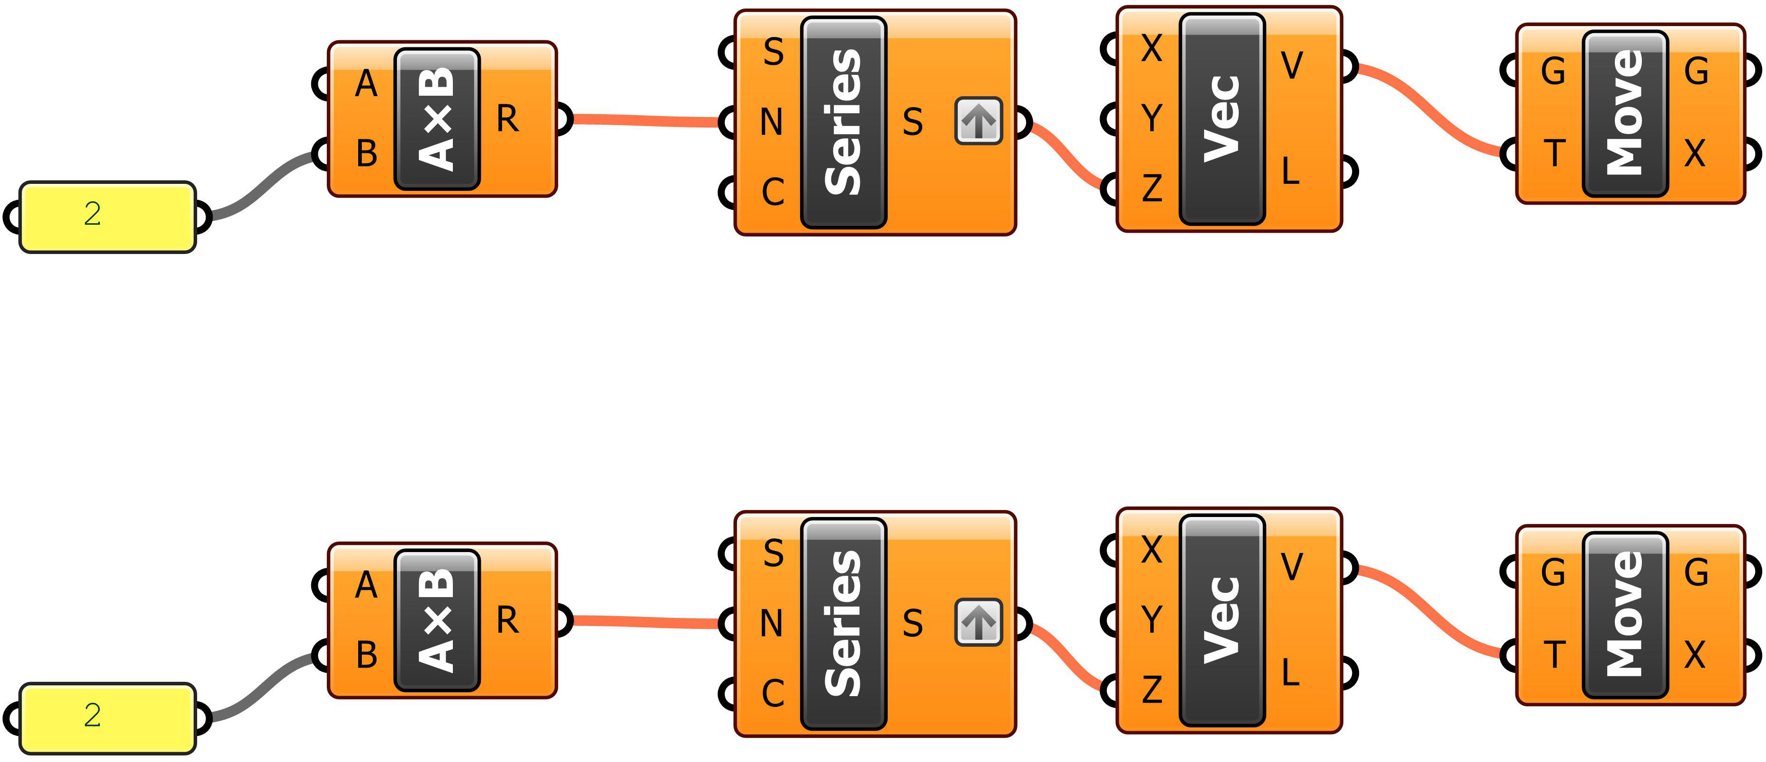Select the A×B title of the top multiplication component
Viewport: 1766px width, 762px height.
437,118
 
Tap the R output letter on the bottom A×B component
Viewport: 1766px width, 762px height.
507,620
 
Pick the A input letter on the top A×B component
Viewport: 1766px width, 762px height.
366,84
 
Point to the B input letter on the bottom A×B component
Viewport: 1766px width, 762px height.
367,655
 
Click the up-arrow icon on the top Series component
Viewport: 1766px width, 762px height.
978,121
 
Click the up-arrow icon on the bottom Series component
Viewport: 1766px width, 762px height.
978,623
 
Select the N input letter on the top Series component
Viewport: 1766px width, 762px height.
771,123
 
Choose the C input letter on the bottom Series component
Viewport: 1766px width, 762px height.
773,693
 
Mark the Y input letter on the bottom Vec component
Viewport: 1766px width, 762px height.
1152,619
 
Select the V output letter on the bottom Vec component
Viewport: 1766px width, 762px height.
1292,567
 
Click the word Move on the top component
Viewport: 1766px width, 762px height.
1625,113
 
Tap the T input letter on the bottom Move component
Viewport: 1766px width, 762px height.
1554,654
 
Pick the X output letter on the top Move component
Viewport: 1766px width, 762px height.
1694,153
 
